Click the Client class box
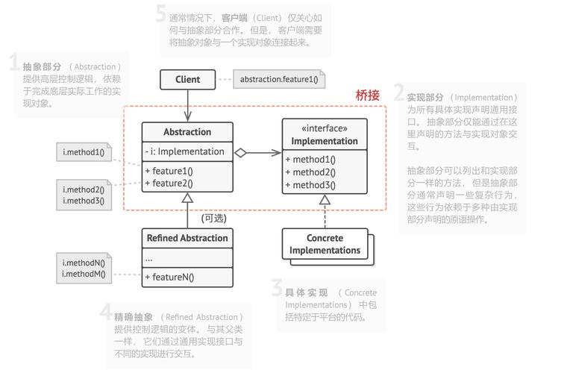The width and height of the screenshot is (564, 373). (x=187, y=79)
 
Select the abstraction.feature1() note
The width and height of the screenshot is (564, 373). (x=278, y=79)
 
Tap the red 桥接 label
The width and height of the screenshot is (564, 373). (x=368, y=95)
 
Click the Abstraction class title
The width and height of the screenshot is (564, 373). (x=187, y=132)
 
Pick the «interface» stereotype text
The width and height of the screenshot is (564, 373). (x=325, y=128)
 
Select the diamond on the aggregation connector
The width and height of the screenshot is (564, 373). (x=240, y=153)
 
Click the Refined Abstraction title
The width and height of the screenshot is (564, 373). (x=187, y=238)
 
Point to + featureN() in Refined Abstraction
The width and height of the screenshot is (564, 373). (x=169, y=278)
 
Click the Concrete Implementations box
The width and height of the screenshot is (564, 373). (x=325, y=244)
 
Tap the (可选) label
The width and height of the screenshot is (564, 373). (x=214, y=219)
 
